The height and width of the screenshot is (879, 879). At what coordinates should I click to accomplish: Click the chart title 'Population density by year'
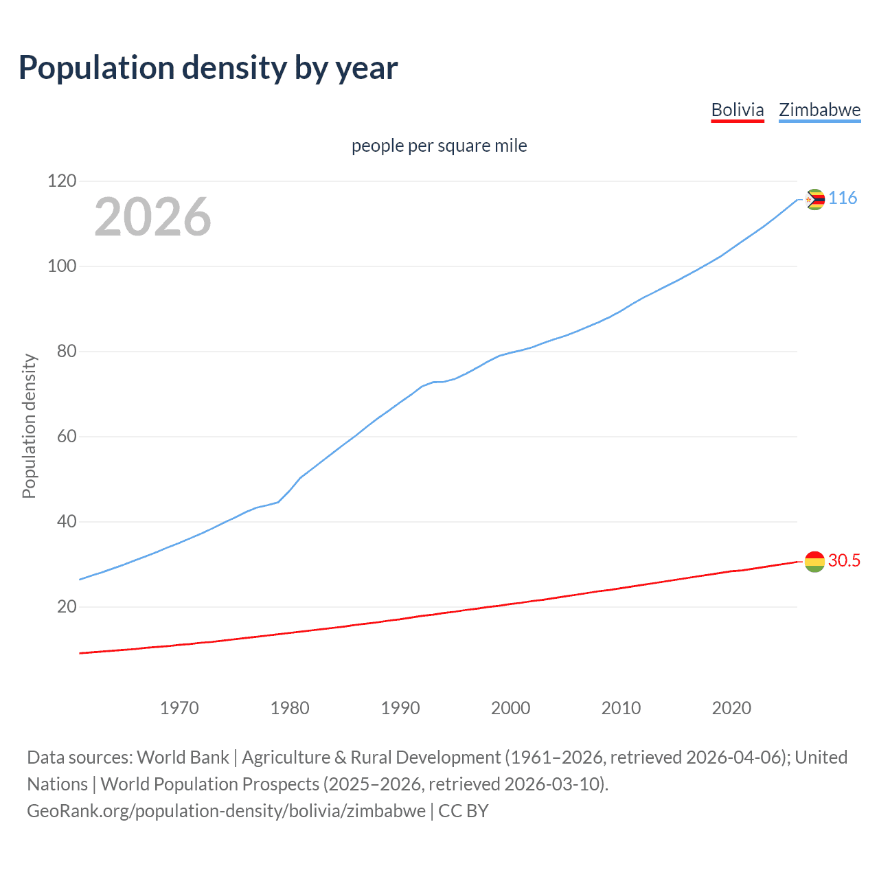pyautogui.click(x=208, y=68)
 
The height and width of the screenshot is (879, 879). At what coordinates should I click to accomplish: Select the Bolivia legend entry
pyautogui.click(x=737, y=110)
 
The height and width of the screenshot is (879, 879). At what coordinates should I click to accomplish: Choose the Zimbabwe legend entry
pyautogui.click(x=819, y=110)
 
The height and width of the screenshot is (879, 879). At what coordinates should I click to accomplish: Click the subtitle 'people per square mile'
pyautogui.click(x=439, y=146)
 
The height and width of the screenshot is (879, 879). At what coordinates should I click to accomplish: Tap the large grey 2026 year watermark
pyautogui.click(x=152, y=217)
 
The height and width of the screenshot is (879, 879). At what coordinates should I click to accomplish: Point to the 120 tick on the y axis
pyautogui.click(x=62, y=181)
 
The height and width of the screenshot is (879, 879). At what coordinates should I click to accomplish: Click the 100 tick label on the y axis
pyautogui.click(x=62, y=266)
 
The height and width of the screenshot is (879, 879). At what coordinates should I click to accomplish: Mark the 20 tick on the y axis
pyautogui.click(x=66, y=607)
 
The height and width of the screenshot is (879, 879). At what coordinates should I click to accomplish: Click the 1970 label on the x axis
pyautogui.click(x=179, y=708)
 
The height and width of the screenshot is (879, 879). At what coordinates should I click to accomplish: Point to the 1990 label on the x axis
pyautogui.click(x=400, y=708)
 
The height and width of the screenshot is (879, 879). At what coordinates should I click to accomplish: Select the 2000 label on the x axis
pyautogui.click(x=510, y=708)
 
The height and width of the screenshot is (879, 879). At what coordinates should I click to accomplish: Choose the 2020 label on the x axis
pyautogui.click(x=731, y=708)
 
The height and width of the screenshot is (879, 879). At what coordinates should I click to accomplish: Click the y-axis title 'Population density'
pyautogui.click(x=29, y=426)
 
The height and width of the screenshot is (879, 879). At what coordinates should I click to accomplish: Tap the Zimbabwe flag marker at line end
pyautogui.click(x=814, y=200)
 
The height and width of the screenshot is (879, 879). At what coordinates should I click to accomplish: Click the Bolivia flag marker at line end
pyautogui.click(x=814, y=562)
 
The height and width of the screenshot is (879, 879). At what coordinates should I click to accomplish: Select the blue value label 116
pyautogui.click(x=843, y=198)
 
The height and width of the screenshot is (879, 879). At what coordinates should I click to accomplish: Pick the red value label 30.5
pyautogui.click(x=844, y=561)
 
